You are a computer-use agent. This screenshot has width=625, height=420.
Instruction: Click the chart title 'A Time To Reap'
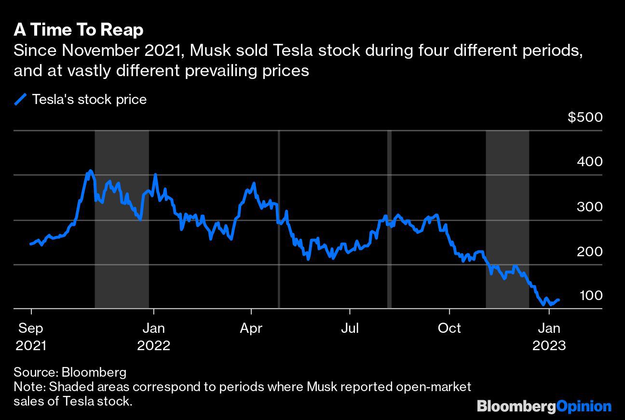(79, 30)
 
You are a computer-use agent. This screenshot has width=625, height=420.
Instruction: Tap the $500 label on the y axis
(585, 117)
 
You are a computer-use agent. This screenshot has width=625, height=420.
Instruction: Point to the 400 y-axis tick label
(589, 161)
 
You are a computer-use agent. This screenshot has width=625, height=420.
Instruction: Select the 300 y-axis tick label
(589, 207)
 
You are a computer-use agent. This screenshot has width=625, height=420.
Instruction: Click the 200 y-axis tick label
(589, 251)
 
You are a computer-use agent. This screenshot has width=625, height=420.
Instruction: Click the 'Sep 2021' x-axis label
(31, 337)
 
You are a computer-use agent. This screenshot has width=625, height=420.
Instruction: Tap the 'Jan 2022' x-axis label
(154, 337)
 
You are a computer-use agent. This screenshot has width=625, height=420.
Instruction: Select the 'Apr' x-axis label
(251, 328)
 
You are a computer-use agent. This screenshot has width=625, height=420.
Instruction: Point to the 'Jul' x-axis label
(350, 328)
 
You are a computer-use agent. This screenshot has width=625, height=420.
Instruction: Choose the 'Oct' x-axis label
(449, 328)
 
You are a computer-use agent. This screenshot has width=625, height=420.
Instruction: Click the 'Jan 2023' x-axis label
(549, 337)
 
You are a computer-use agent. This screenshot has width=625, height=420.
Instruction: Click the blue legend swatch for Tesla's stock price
(21, 100)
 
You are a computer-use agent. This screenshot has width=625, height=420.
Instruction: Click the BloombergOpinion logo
(544, 406)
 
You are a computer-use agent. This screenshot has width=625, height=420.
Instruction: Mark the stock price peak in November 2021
(90, 171)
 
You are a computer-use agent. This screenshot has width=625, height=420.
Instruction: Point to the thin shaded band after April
(279, 219)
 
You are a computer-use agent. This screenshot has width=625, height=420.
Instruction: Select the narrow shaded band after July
(389, 219)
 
